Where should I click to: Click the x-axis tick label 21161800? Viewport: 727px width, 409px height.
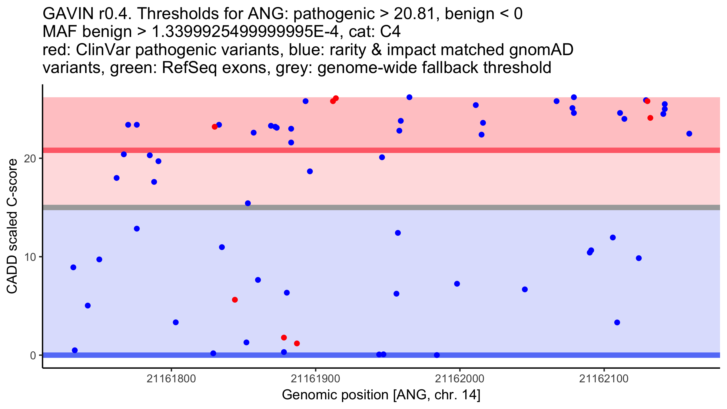pyautogui.click(x=171, y=379)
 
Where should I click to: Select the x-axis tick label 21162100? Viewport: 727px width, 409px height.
pyautogui.click(x=604, y=379)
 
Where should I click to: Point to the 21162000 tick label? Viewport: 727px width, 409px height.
pyautogui.click(x=460, y=379)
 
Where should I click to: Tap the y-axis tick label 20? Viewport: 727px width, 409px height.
pyautogui.click(x=30, y=158)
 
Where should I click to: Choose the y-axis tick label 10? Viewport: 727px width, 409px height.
pyautogui.click(x=30, y=257)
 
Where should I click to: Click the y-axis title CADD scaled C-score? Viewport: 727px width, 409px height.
pyautogui.click(x=12, y=226)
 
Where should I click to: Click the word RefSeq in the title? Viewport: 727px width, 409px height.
pyautogui.click(x=189, y=68)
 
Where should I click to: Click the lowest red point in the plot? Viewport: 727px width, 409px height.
pyautogui.click(x=297, y=343)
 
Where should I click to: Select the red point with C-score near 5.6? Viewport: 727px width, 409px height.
pyautogui.click(x=235, y=300)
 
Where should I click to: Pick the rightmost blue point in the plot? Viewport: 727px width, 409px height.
pyautogui.click(x=689, y=134)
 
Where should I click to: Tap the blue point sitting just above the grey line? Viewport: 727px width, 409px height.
pyautogui.click(x=248, y=203)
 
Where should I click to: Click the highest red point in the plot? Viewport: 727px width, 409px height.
pyautogui.click(x=336, y=98)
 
